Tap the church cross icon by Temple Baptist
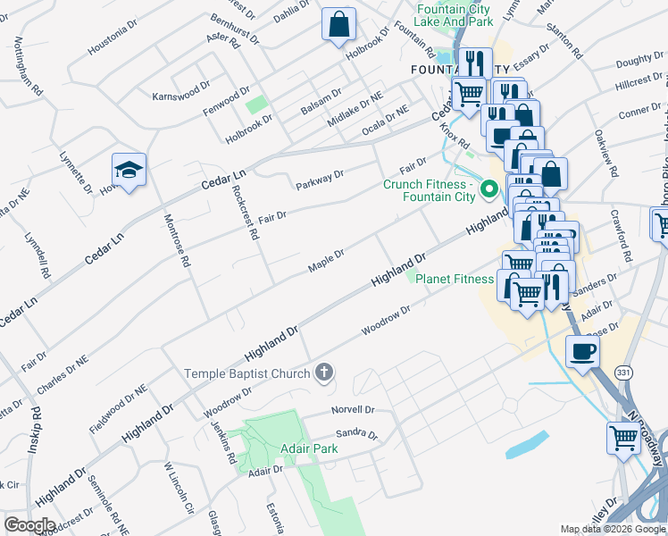point(325,373)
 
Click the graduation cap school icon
point(129,170)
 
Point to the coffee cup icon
point(582,349)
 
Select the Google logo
point(29,524)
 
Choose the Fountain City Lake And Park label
point(455,15)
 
